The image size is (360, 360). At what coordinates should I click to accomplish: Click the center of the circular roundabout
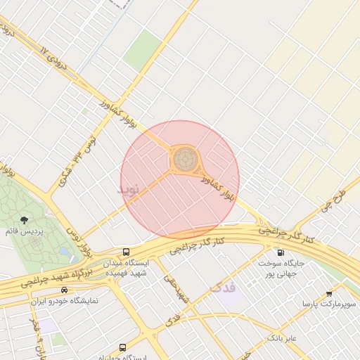pyautogui.click(x=186, y=159)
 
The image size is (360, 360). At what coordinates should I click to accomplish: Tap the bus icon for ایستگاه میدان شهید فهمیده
pyautogui.click(x=126, y=252)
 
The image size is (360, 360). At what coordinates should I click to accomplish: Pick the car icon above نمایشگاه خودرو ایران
pyautogui.click(x=64, y=290)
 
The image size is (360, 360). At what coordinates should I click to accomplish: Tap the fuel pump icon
pyautogui.click(x=281, y=252)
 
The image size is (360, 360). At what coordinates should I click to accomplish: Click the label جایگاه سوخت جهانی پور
pyautogui.click(x=281, y=268)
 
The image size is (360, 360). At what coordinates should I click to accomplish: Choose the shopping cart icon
pyautogui.click(x=328, y=293)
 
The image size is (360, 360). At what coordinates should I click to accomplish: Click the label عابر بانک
pyautogui.click(x=281, y=338)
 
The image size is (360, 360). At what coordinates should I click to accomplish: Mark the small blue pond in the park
pyautogui.click(x=65, y=252)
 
